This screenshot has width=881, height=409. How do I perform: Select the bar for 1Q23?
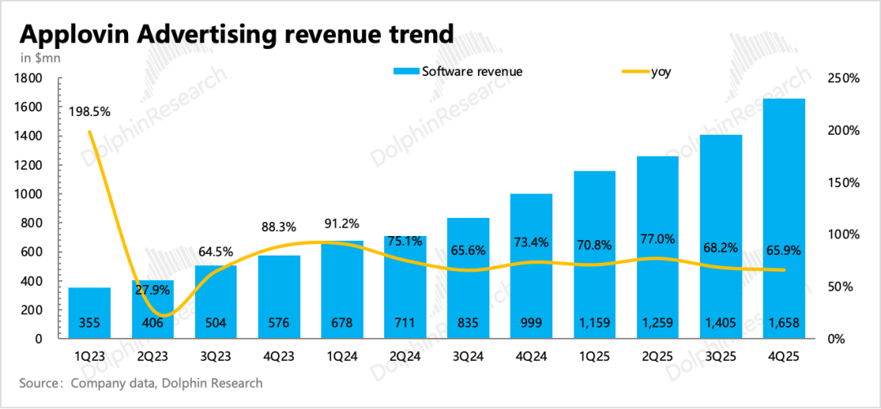[89, 313]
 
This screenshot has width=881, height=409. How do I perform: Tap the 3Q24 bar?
[468, 278]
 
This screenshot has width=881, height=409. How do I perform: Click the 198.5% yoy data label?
[89, 112]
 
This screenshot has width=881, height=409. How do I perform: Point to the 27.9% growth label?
[153, 291]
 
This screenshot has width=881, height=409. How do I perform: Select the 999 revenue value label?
[531, 323]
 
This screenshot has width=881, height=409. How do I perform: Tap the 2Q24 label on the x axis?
[405, 356]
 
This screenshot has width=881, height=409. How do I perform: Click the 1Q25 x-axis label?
[595, 356]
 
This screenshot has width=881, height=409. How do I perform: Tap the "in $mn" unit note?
[39, 58]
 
